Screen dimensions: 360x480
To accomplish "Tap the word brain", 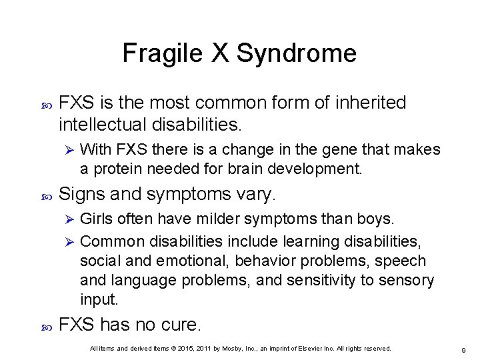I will (255, 168).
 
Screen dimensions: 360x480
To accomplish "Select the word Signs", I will (79, 195).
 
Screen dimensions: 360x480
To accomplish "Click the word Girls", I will (97, 219).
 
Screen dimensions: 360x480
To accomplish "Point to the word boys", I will (377, 219).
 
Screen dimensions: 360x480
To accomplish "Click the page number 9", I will (463, 349).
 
